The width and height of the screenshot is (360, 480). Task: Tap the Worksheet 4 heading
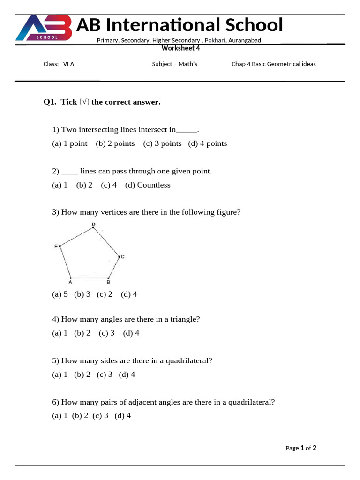coord(180,48)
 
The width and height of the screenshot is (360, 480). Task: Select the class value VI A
coord(68,64)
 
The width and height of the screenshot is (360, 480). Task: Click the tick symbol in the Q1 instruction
coord(84,102)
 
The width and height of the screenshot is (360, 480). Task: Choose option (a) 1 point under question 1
coord(70,143)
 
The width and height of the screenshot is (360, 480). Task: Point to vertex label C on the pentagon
coord(122,257)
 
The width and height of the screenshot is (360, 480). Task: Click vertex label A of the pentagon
coord(70,282)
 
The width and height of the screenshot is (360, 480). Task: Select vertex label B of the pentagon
coord(108,282)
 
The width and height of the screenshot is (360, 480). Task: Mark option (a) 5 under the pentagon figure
coord(60,294)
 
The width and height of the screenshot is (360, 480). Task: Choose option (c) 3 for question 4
coord(107,333)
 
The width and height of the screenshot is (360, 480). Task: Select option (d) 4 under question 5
coord(127,375)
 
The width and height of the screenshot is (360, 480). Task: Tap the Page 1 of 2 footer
coord(301,448)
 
